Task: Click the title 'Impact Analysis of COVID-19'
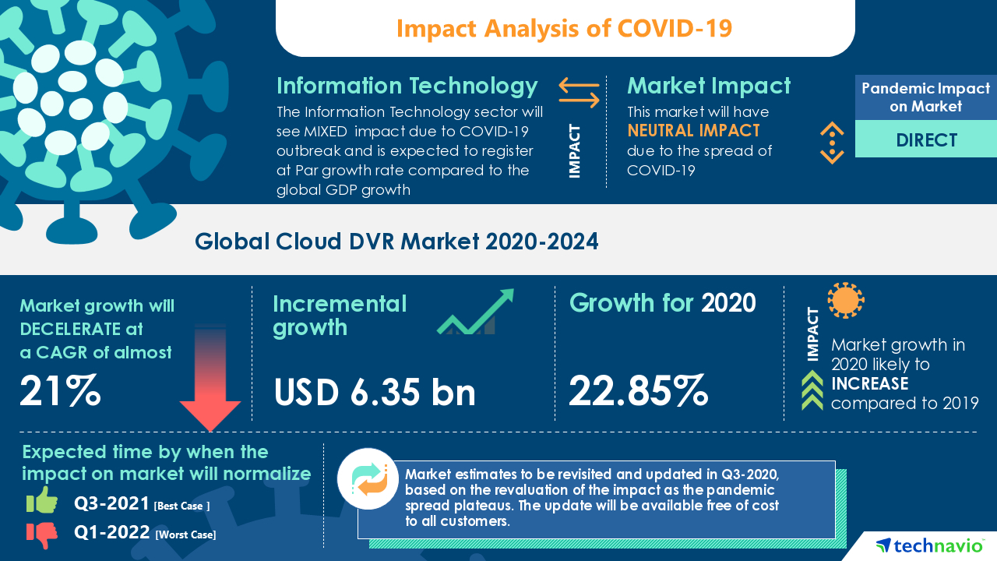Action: point(565,28)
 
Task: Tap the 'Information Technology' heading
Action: point(407,86)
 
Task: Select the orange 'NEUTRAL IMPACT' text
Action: point(693,130)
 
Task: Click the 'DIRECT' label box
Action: point(926,140)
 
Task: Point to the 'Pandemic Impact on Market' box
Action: point(926,97)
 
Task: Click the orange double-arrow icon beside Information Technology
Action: point(579,92)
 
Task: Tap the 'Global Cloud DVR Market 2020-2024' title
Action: point(396,242)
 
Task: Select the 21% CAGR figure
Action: point(61,391)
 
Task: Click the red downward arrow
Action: point(210,382)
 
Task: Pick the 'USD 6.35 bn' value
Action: point(375,392)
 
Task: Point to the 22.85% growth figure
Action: point(638,391)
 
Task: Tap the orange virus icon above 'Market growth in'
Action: point(845,301)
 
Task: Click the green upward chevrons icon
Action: point(812,390)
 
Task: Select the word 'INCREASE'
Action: point(869,383)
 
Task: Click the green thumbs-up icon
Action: point(42,501)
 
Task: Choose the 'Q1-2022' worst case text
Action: point(112,534)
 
